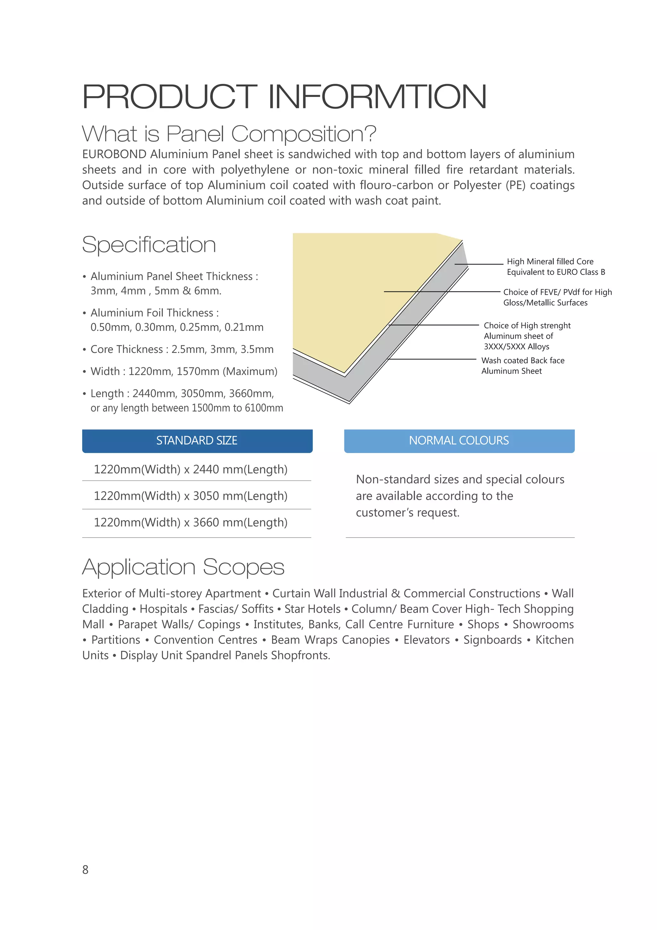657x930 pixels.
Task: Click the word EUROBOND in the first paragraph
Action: click(x=114, y=154)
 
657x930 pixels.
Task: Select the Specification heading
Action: click(x=149, y=245)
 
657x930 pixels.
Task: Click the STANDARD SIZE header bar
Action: click(x=197, y=441)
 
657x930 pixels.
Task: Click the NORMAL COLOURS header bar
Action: click(x=459, y=441)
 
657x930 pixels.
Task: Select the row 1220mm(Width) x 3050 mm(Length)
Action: click(x=191, y=496)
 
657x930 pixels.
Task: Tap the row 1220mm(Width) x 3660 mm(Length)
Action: click(x=191, y=522)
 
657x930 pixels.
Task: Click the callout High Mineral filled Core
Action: click(x=550, y=262)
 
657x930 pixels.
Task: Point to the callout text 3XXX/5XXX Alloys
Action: click(x=516, y=347)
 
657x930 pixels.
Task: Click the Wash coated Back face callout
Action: click(x=523, y=361)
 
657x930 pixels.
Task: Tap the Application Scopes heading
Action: click(x=183, y=567)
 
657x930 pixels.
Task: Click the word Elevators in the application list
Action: click(x=426, y=640)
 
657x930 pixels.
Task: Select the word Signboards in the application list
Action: click(x=492, y=640)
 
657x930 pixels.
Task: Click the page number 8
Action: click(x=85, y=870)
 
